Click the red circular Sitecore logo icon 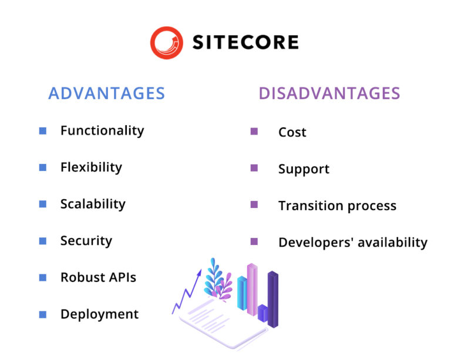tap(166, 42)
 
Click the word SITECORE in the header tap(245, 42)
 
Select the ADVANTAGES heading tap(106, 93)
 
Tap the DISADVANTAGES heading tap(329, 93)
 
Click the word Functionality tap(102, 130)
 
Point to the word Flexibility tap(91, 167)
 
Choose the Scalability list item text tap(93, 204)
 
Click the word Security tap(86, 241)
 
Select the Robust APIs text tap(98, 277)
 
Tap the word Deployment tap(99, 314)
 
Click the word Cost tap(292, 132)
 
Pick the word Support tap(304, 169)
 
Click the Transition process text tap(337, 206)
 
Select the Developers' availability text tap(352, 243)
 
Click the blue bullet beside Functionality tap(43, 131)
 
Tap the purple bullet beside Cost tap(254, 132)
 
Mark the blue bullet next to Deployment tap(43, 314)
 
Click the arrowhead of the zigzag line tap(200, 272)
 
